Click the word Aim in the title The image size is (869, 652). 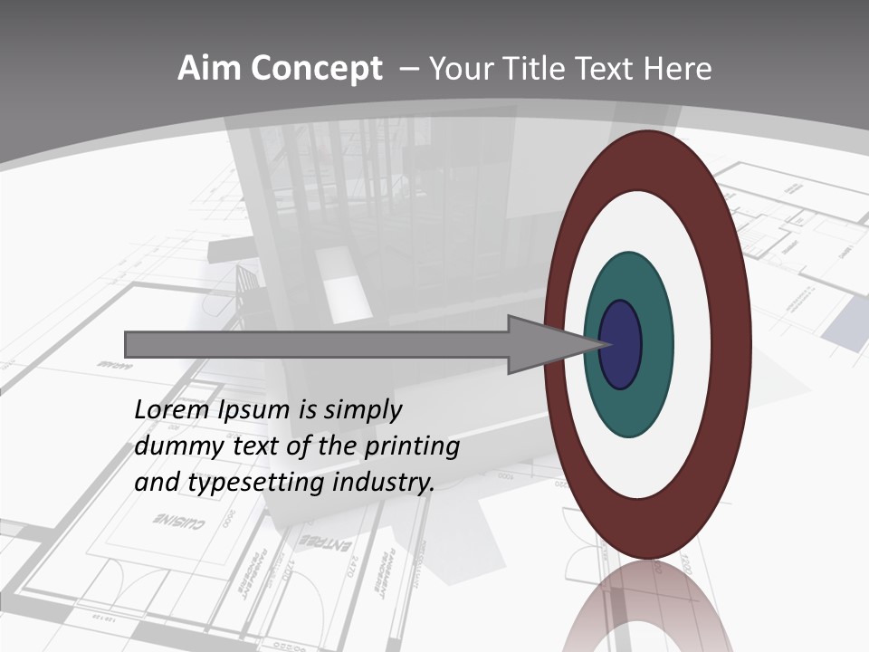(x=209, y=69)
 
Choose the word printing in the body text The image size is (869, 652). (x=411, y=446)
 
